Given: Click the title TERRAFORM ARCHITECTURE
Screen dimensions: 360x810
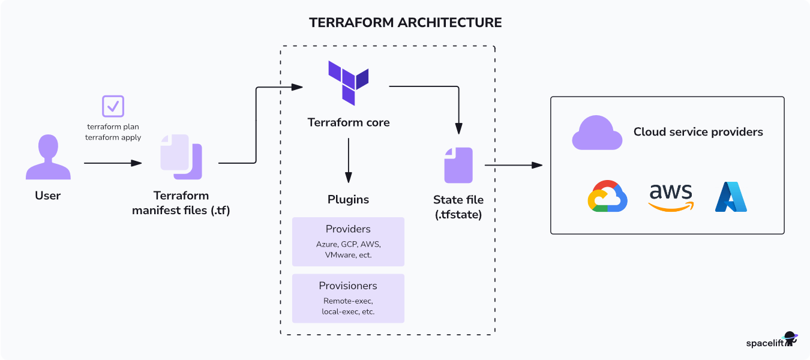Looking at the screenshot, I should coord(405,23).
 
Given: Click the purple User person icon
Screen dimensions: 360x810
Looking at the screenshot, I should coord(47,157).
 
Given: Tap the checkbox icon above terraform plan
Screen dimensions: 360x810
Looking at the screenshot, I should coord(113,106).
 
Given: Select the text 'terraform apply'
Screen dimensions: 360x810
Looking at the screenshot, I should coord(114,137).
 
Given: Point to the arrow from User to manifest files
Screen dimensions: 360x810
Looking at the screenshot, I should coord(113,163).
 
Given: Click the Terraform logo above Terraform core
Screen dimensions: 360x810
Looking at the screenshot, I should coord(348,82).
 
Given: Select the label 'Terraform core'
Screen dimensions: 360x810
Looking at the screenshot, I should coord(349,122).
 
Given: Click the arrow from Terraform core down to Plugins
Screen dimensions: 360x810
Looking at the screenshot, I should coord(349,160).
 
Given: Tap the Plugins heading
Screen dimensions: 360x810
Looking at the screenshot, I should coord(348,199).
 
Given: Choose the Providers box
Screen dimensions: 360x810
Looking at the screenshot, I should coord(348,241).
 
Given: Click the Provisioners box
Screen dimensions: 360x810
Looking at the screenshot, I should coord(348,298).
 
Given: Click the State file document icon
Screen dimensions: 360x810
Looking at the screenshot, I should coord(458,165).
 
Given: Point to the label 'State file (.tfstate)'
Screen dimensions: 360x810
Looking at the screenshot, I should coord(458,206).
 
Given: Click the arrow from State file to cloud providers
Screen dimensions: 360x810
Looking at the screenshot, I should coord(513,165).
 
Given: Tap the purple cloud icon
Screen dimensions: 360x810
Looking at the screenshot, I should coord(596,133).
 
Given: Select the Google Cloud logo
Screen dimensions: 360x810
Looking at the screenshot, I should coord(607,196).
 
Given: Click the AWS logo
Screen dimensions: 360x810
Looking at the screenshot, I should coord(671,197).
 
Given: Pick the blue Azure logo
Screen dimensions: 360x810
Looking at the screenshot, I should coord(731,197).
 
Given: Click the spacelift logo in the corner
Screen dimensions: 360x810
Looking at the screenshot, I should coord(771,342).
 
